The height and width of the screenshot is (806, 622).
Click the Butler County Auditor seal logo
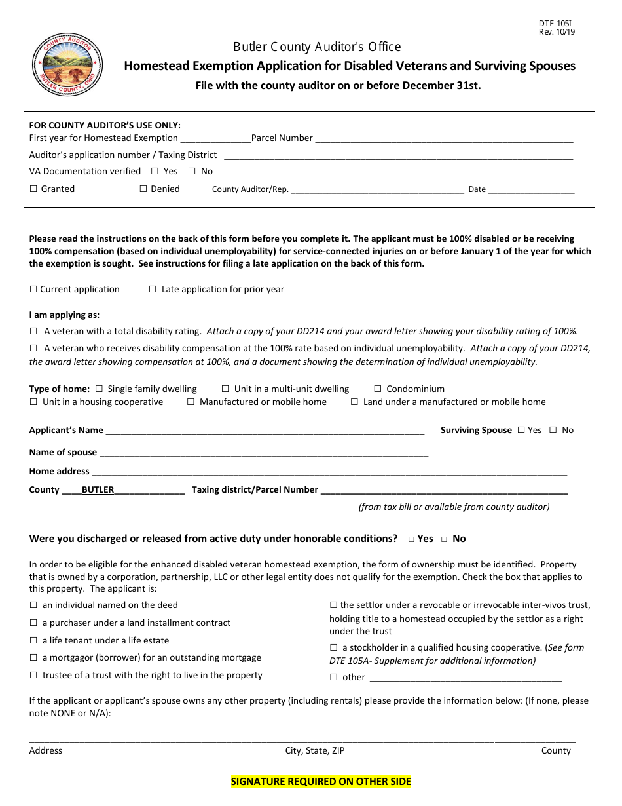67,66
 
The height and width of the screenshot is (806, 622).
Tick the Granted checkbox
34,189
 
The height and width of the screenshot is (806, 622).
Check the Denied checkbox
143,189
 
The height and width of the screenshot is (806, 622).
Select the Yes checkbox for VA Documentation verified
155,172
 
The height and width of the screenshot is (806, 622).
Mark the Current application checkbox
33,290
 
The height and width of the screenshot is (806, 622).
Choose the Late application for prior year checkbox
153,290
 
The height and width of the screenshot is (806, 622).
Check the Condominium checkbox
378,389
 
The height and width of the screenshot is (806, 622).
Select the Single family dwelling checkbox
99,389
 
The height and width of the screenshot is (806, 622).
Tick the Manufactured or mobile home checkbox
191,402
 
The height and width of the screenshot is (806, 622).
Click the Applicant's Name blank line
265,431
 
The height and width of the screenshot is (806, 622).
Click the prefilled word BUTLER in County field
98,489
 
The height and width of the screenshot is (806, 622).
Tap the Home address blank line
328,472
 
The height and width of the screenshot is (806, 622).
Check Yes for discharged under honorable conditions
411,539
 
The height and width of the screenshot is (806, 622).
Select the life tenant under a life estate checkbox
33,641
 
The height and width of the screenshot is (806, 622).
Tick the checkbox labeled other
334,678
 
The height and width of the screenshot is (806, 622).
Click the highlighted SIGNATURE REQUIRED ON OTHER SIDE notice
321,781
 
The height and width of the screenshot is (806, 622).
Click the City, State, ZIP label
314,751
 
